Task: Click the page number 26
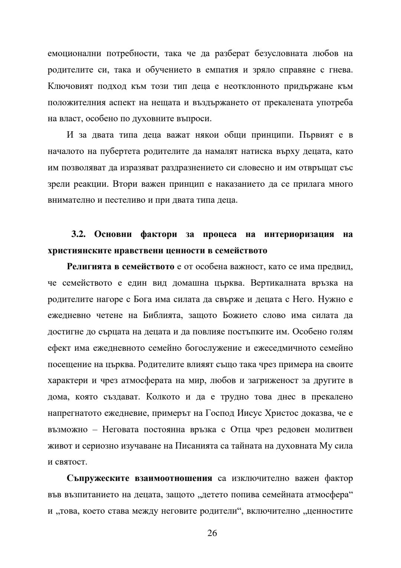click(212, 533)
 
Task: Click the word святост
click(74, 462)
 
